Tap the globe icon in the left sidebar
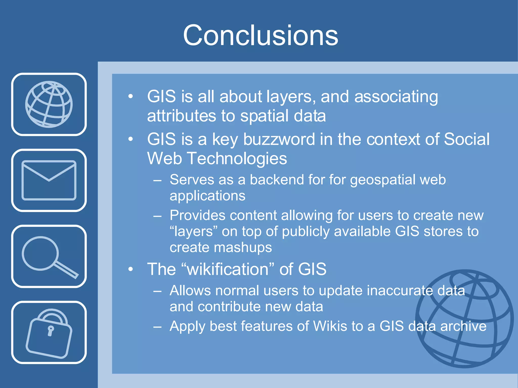coord(49,104)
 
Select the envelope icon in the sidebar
coord(49,180)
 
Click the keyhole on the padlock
coord(51,330)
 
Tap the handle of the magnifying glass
coord(66,270)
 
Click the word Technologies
coord(237,159)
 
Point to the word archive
coord(463,326)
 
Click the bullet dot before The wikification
coord(131,269)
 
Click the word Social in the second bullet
coord(467,139)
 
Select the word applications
coord(207,196)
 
